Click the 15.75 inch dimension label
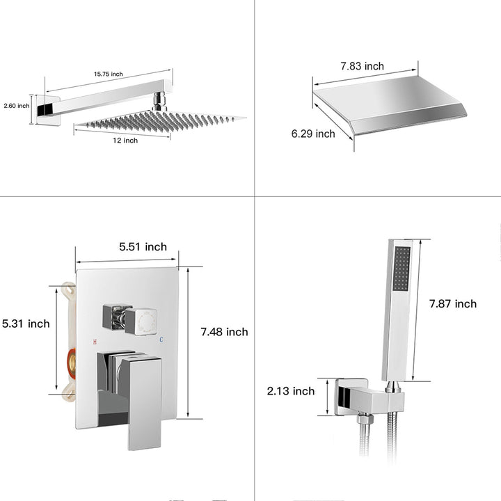click(109, 74)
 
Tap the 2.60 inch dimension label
click(17, 106)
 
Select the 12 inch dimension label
click(125, 141)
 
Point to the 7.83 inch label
click(362, 66)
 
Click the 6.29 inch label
click(313, 134)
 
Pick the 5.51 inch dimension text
click(143, 246)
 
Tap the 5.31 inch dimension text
click(26, 324)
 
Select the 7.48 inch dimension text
click(224, 332)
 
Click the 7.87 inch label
click(453, 303)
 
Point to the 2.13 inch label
click(291, 391)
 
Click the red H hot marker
click(95, 342)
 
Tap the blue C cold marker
click(161, 340)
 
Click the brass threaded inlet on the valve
click(72, 364)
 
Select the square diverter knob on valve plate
click(141, 321)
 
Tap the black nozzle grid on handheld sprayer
click(401, 269)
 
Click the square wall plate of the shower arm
click(48, 110)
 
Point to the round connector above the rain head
click(159, 102)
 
